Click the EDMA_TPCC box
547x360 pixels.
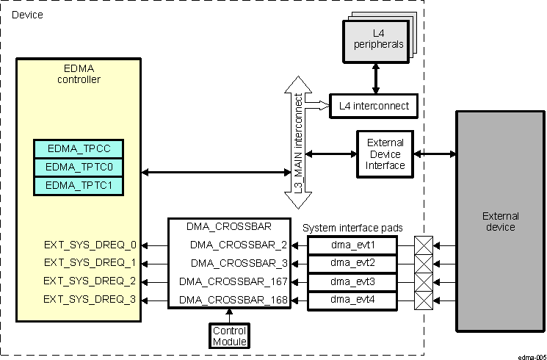point(79,148)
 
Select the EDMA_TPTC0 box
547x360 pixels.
point(79,167)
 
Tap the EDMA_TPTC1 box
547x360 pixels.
point(79,186)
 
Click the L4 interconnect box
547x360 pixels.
point(374,106)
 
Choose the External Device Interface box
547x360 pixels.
point(385,154)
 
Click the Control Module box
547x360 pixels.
point(230,336)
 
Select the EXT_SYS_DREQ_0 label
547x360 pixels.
point(90,245)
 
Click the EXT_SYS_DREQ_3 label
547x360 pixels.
point(90,299)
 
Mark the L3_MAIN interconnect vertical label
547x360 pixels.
point(299,143)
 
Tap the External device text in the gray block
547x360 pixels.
point(500,221)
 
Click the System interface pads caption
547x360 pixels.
point(352,228)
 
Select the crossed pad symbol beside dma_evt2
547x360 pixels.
point(424,263)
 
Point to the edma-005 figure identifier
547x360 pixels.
point(531,356)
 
